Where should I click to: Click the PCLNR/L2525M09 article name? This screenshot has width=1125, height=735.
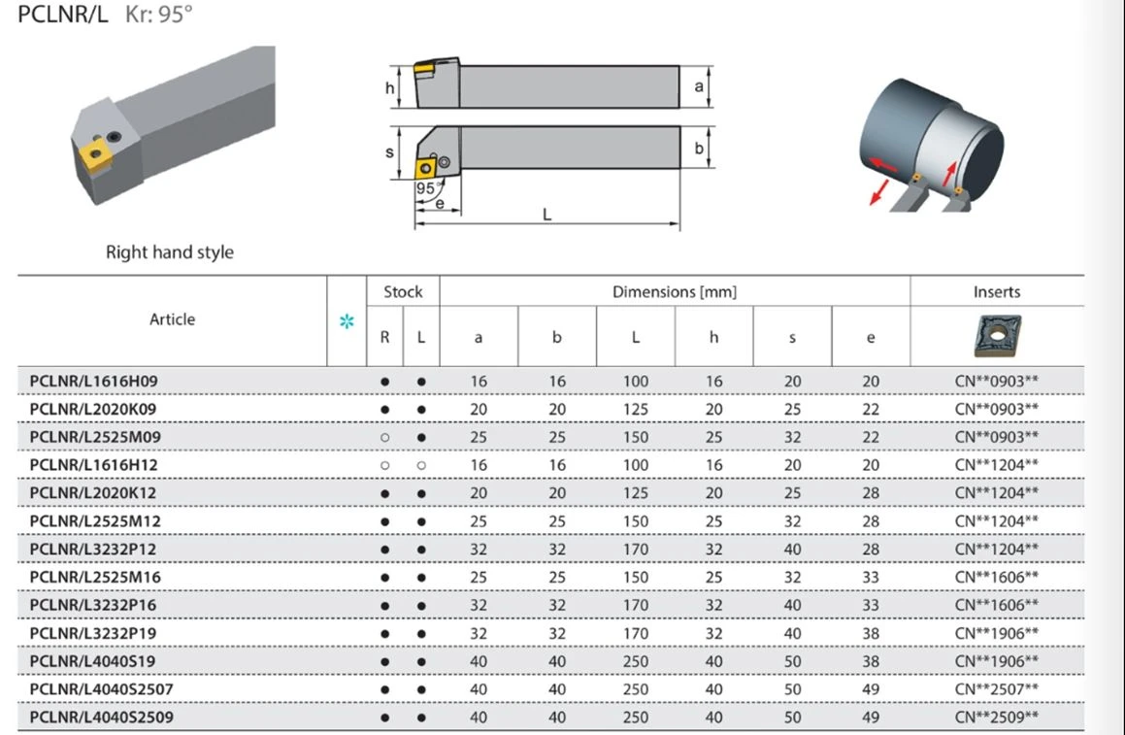click(x=95, y=437)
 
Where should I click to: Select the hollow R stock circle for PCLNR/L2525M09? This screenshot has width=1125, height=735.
click(x=385, y=437)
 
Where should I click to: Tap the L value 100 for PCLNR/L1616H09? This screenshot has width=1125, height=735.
click(x=636, y=382)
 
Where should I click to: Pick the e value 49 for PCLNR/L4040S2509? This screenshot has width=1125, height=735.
click(x=871, y=718)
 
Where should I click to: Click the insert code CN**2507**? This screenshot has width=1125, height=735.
click(x=997, y=689)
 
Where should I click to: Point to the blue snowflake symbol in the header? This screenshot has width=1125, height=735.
click(x=347, y=320)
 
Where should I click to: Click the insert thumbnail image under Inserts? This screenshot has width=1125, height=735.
click(x=997, y=336)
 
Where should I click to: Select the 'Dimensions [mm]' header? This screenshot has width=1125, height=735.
click(x=675, y=292)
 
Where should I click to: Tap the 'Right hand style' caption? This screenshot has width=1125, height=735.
click(x=169, y=251)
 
